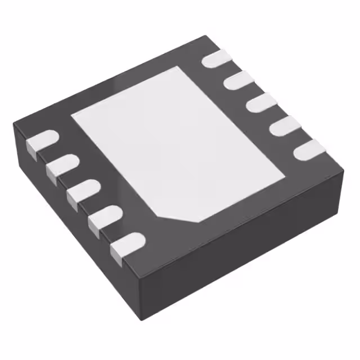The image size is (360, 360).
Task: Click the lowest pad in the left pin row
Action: coord(128,243)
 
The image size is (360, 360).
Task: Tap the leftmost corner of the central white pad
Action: coord(71,115)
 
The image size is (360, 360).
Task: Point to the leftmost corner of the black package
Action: coord(13,127)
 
